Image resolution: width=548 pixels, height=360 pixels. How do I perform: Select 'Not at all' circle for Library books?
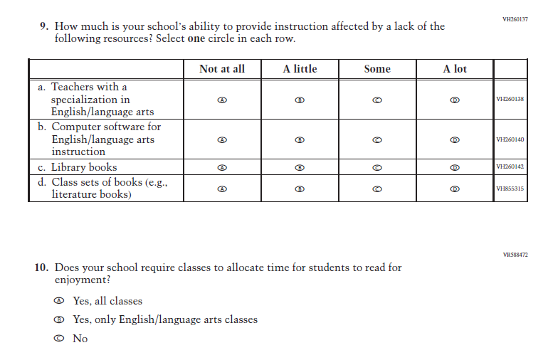pyautogui.click(x=222, y=168)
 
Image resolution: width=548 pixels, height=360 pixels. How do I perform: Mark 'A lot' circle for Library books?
pyautogui.click(x=455, y=168)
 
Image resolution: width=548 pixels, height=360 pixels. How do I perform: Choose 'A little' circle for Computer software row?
pyautogui.click(x=300, y=139)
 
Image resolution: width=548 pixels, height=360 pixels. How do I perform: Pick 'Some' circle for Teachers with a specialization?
pyautogui.click(x=377, y=100)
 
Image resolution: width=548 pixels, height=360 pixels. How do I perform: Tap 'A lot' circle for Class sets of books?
pyautogui.click(x=455, y=189)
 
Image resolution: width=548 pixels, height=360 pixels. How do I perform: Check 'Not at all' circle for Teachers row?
pyautogui.click(x=222, y=100)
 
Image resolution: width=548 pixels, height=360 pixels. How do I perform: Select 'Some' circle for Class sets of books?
pyautogui.click(x=377, y=189)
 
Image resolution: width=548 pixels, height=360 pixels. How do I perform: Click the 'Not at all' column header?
pyautogui.click(x=222, y=69)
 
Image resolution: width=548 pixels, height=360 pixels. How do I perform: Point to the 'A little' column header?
pyautogui.click(x=300, y=69)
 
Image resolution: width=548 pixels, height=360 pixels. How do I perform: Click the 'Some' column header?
pyautogui.click(x=377, y=69)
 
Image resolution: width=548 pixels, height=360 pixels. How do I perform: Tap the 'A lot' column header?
pyautogui.click(x=455, y=69)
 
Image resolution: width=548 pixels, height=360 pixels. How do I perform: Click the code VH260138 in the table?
pyautogui.click(x=510, y=99)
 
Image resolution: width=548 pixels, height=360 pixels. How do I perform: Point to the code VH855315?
pyautogui.click(x=510, y=189)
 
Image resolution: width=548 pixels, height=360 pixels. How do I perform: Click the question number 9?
pyautogui.click(x=44, y=26)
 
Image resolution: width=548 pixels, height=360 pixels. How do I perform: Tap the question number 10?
pyautogui.click(x=41, y=268)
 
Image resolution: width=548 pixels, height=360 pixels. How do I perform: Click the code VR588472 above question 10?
pyautogui.click(x=515, y=254)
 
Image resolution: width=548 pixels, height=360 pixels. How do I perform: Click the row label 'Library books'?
pyautogui.click(x=83, y=168)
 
